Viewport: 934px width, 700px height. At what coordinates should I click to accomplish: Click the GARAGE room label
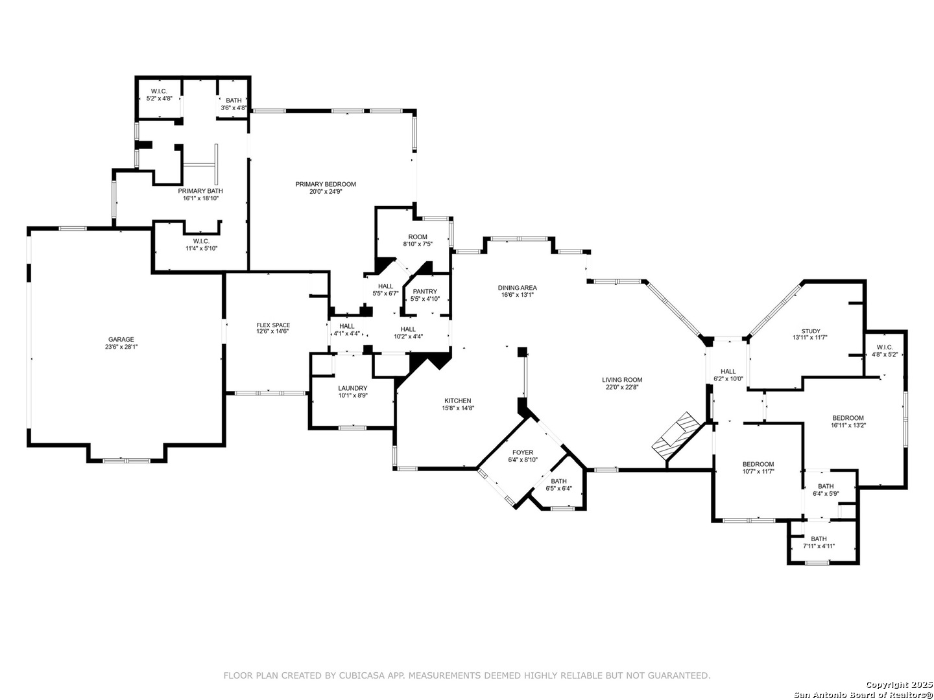[x=121, y=340]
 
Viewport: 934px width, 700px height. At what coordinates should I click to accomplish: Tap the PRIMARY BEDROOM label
[x=326, y=185]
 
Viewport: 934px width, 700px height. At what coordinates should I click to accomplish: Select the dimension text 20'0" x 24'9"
[x=326, y=192]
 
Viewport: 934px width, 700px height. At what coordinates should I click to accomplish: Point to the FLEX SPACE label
[x=273, y=325]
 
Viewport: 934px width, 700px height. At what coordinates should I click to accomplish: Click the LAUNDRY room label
[x=352, y=388]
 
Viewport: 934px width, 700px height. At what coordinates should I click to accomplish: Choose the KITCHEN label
[x=457, y=401]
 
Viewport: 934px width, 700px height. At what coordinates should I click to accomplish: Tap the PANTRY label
[x=425, y=292]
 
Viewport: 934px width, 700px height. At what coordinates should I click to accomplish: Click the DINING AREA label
[x=517, y=288]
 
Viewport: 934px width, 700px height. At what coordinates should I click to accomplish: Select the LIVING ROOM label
[x=621, y=380]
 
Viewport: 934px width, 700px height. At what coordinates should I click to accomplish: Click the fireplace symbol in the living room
[x=676, y=435]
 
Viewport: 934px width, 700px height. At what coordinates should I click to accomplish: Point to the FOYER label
[x=523, y=452]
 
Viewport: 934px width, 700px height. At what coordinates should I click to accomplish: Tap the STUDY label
[x=810, y=331]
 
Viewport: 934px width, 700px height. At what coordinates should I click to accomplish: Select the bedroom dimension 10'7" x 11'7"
[x=758, y=471]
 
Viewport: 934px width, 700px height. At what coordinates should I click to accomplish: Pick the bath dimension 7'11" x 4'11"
[x=819, y=546]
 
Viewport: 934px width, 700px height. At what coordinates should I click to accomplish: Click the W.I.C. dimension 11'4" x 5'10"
[x=201, y=249]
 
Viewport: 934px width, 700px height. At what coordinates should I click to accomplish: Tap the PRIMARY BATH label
[x=200, y=191]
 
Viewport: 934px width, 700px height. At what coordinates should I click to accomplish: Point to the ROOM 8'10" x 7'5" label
[x=418, y=240]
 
